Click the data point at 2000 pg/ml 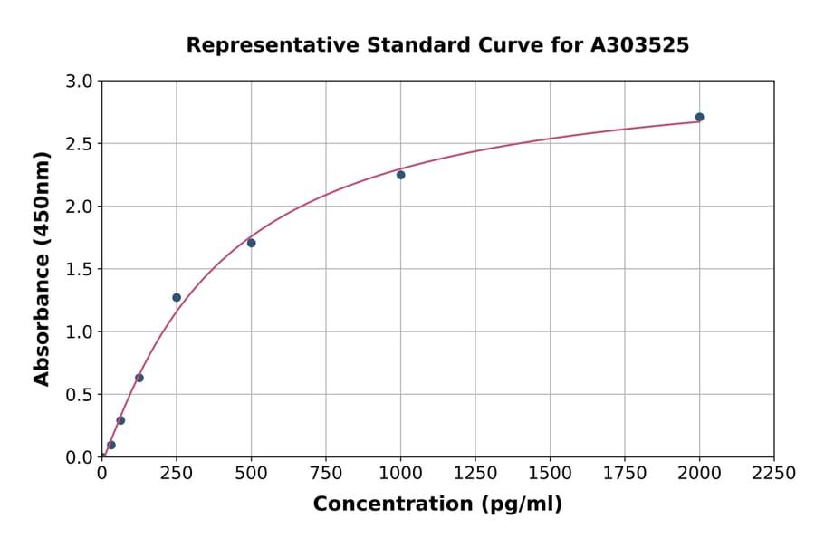699,117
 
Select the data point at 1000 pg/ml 400,175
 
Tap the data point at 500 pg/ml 251,243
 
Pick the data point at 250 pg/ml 177,297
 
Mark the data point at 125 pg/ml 139,378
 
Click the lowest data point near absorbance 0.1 111,445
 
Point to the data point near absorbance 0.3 120,420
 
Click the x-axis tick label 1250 475,474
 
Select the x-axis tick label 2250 774,474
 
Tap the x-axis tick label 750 326,474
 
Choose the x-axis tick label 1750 625,474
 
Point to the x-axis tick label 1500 550,474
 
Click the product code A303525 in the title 640,45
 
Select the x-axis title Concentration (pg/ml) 437,504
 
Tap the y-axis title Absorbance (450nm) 42,268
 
